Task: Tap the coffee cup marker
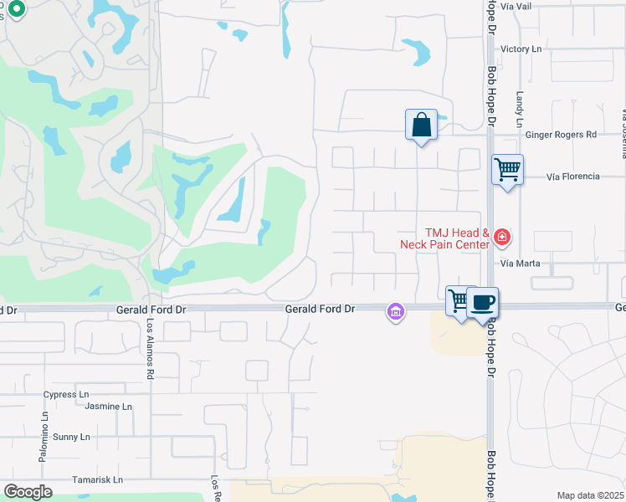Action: coord(483,302)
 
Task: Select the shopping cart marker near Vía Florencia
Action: coord(507,169)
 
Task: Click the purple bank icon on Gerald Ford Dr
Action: coord(395,312)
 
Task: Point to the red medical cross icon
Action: coord(501,238)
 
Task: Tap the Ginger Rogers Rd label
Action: coord(560,135)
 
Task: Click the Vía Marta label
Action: coord(521,263)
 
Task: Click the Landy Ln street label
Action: coord(520,110)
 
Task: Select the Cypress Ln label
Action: coord(66,394)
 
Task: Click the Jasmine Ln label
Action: coord(109,407)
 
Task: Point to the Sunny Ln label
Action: coord(71,437)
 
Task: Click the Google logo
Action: coord(28,492)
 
